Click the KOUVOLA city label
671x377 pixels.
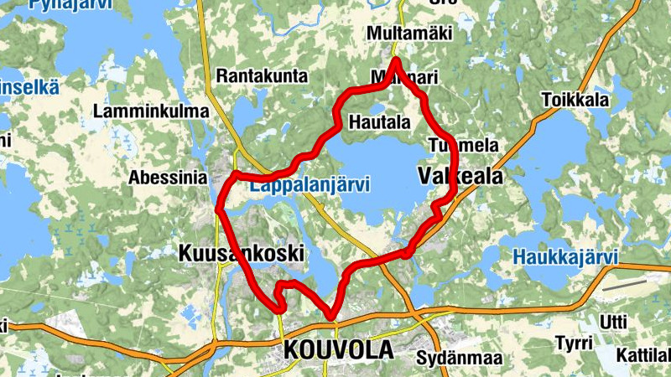point(339,349)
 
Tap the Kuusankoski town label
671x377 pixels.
point(239,253)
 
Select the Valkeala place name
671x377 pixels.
point(460,177)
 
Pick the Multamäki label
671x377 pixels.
point(409,34)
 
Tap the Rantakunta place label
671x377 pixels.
point(262,76)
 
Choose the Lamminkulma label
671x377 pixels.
point(151,111)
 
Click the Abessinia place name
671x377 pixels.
point(168,178)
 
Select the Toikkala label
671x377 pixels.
point(575,99)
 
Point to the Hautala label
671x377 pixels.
point(381,122)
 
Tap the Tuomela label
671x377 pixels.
point(462,145)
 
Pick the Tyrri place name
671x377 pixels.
point(575,343)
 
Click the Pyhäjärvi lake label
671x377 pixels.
point(63,5)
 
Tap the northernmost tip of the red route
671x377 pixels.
point(395,60)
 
